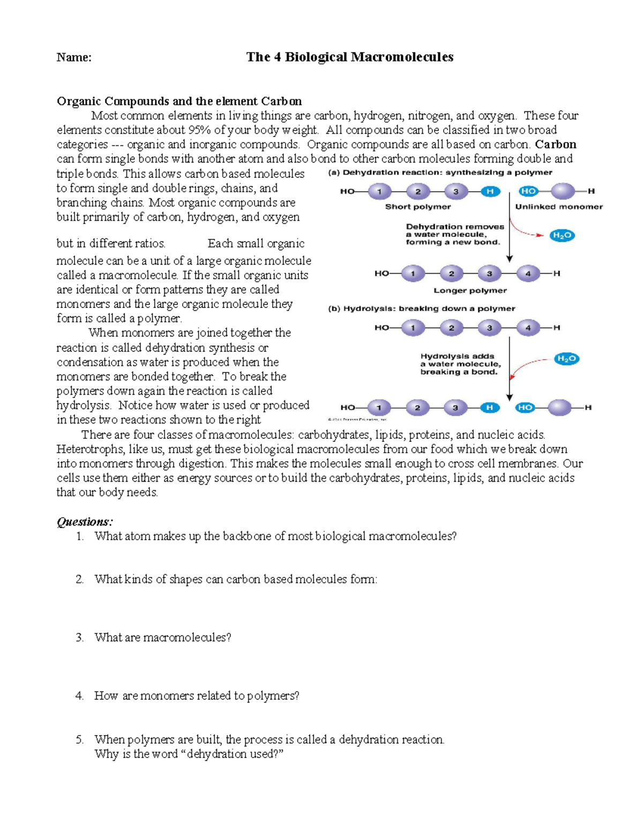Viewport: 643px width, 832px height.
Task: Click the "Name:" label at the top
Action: pos(74,57)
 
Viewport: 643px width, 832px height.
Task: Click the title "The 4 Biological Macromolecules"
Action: pos(349,57)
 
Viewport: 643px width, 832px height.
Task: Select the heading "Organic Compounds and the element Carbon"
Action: pos(179,101)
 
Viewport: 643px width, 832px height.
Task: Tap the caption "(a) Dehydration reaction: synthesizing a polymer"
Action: pos(440,173)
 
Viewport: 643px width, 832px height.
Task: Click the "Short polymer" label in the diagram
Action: pos(418,207)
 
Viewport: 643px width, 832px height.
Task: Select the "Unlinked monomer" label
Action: pos(559,207)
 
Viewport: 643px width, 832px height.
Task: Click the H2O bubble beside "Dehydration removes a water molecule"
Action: pos(562,235)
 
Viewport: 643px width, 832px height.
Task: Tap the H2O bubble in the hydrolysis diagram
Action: pos(566,359)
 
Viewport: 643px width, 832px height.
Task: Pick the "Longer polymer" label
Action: pos(470,290)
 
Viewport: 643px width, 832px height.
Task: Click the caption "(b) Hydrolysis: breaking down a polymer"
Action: pos(421,309)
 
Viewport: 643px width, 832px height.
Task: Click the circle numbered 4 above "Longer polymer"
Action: pos(528,274)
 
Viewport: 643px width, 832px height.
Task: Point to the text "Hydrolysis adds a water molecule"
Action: pos(460,360)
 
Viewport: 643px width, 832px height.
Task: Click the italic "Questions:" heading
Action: pos(85,522)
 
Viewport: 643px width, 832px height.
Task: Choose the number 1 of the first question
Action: pos(80,536)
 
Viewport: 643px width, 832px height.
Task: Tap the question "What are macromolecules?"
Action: pos(162,638)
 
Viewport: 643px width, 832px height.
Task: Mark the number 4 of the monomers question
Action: pos(79,696)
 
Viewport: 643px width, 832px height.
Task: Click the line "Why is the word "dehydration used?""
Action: pos(189,754)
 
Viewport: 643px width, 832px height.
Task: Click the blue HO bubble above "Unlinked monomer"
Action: pos(528,191)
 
